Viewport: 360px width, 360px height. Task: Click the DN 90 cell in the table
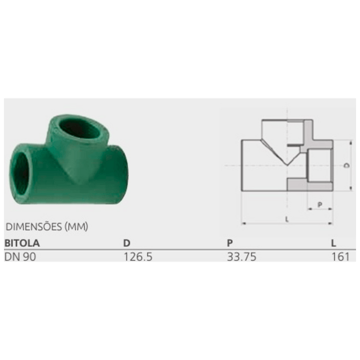(20, 256)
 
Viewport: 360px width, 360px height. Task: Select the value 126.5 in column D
(138, 256)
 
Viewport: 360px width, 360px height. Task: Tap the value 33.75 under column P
(241, 256)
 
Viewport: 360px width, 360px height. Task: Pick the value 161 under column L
(340, 256)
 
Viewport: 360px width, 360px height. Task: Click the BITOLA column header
(22, 243)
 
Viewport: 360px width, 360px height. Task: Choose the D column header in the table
(126, 243)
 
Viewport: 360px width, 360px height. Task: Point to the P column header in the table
(230, 243)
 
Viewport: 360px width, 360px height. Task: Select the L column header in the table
(333, 243)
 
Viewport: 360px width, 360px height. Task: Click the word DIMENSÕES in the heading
(34, 226)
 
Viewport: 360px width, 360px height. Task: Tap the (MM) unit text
(76, 226)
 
